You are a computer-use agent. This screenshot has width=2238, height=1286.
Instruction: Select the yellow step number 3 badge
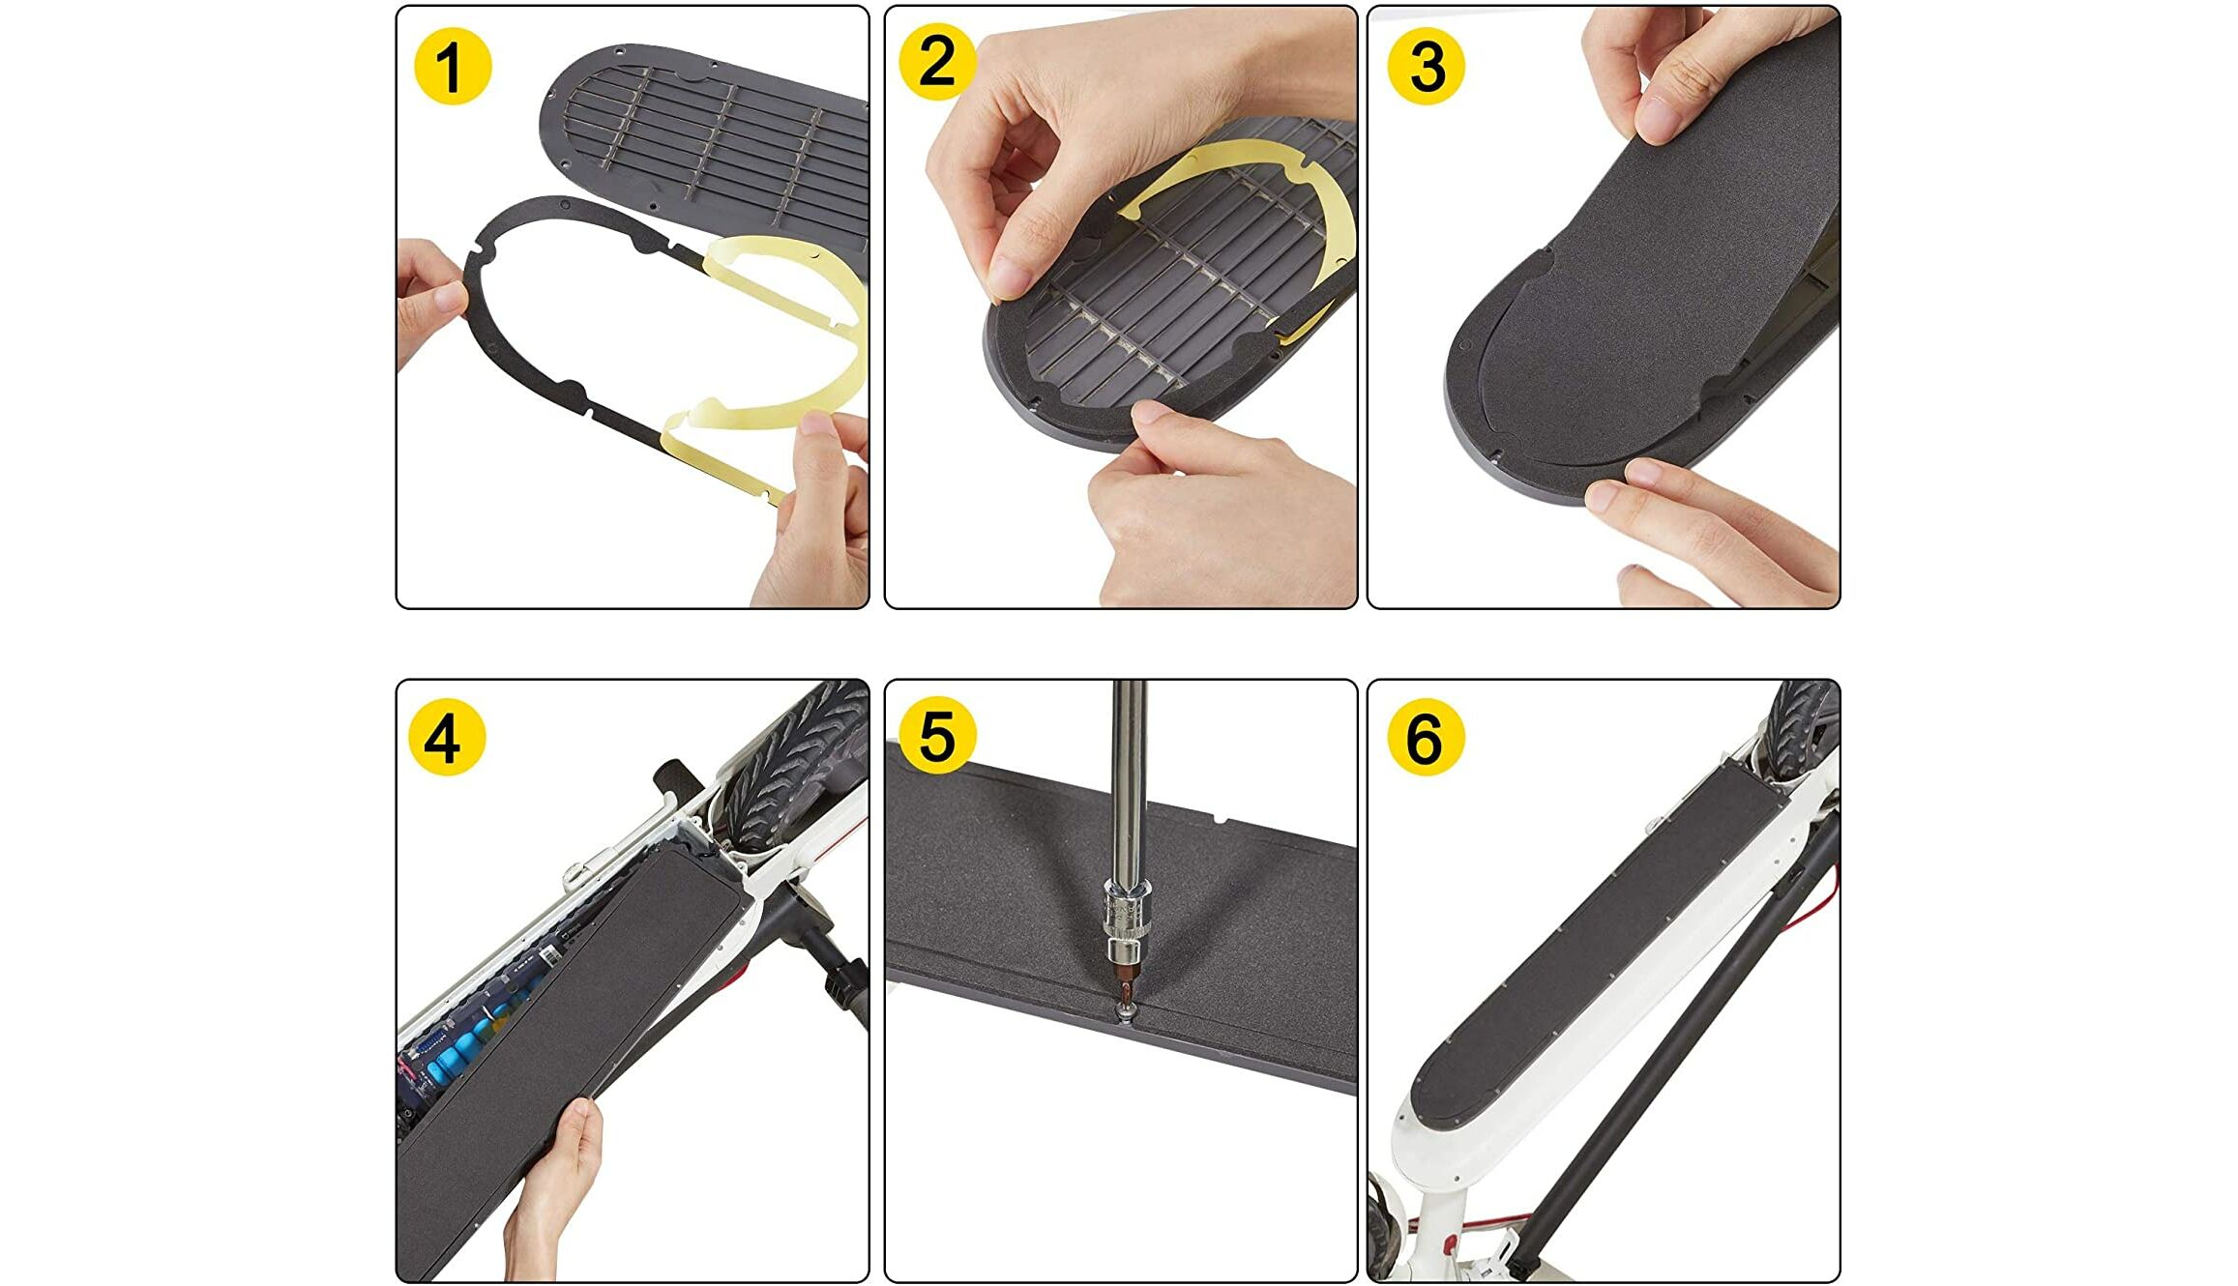[x=1426, y=66]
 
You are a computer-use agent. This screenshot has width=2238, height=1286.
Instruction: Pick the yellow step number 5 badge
[x=936, y=737]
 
